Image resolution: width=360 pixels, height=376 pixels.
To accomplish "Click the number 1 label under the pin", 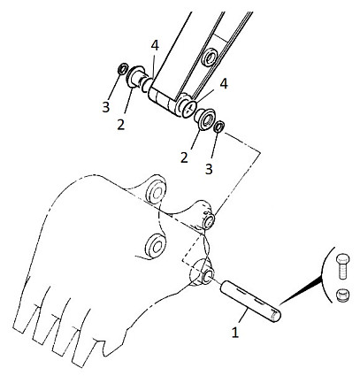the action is click(x=234, y=333).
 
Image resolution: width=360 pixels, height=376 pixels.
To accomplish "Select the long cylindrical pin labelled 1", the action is click(x=250, y=302).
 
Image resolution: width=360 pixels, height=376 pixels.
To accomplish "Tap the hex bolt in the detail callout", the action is click(x=343, y=266).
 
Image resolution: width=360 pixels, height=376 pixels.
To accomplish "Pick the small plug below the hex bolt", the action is click(x=343, y=295).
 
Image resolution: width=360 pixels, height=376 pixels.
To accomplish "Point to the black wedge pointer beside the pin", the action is click(x=301, y=291).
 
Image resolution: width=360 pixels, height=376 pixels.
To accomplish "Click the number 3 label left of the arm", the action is click(x=106, y=107).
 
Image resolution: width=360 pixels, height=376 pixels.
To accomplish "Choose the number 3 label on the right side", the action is click(x=209, y=169).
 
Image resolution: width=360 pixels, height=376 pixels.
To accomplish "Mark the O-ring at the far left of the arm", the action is click(x=122, y=69).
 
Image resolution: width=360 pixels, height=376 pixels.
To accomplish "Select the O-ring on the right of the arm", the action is click(x=219, y=127).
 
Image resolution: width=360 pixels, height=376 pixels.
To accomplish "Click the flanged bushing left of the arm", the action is click(x=135, y=76).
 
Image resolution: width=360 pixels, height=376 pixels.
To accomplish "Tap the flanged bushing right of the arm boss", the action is click(x=205, y=119).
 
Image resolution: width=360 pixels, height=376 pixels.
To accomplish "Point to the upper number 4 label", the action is click(x=155, y=46).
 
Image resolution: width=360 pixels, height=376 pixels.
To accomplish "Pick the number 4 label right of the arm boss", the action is click(x=224, y=84).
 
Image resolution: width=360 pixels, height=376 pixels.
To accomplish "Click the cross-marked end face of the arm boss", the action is click(x=189, y=109).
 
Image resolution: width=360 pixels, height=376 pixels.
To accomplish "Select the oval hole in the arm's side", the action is click(x=209, y=58).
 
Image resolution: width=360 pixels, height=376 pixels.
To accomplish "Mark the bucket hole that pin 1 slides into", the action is click(x=207, y=276).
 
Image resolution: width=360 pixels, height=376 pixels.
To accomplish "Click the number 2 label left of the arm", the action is click(x=121, y=125).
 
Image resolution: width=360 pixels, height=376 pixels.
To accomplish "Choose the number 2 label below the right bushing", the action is click(x=184, y=157).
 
